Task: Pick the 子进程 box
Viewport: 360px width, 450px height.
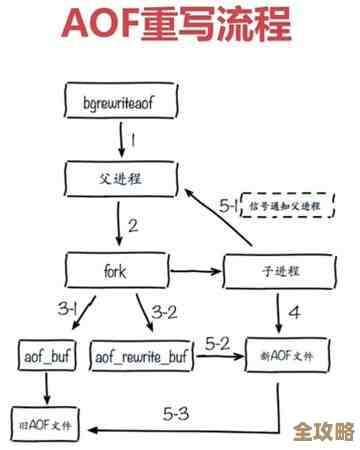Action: click(275, 270)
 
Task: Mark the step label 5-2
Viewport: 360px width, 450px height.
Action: click(217, 343)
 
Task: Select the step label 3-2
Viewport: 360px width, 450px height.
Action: click(166, 311)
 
